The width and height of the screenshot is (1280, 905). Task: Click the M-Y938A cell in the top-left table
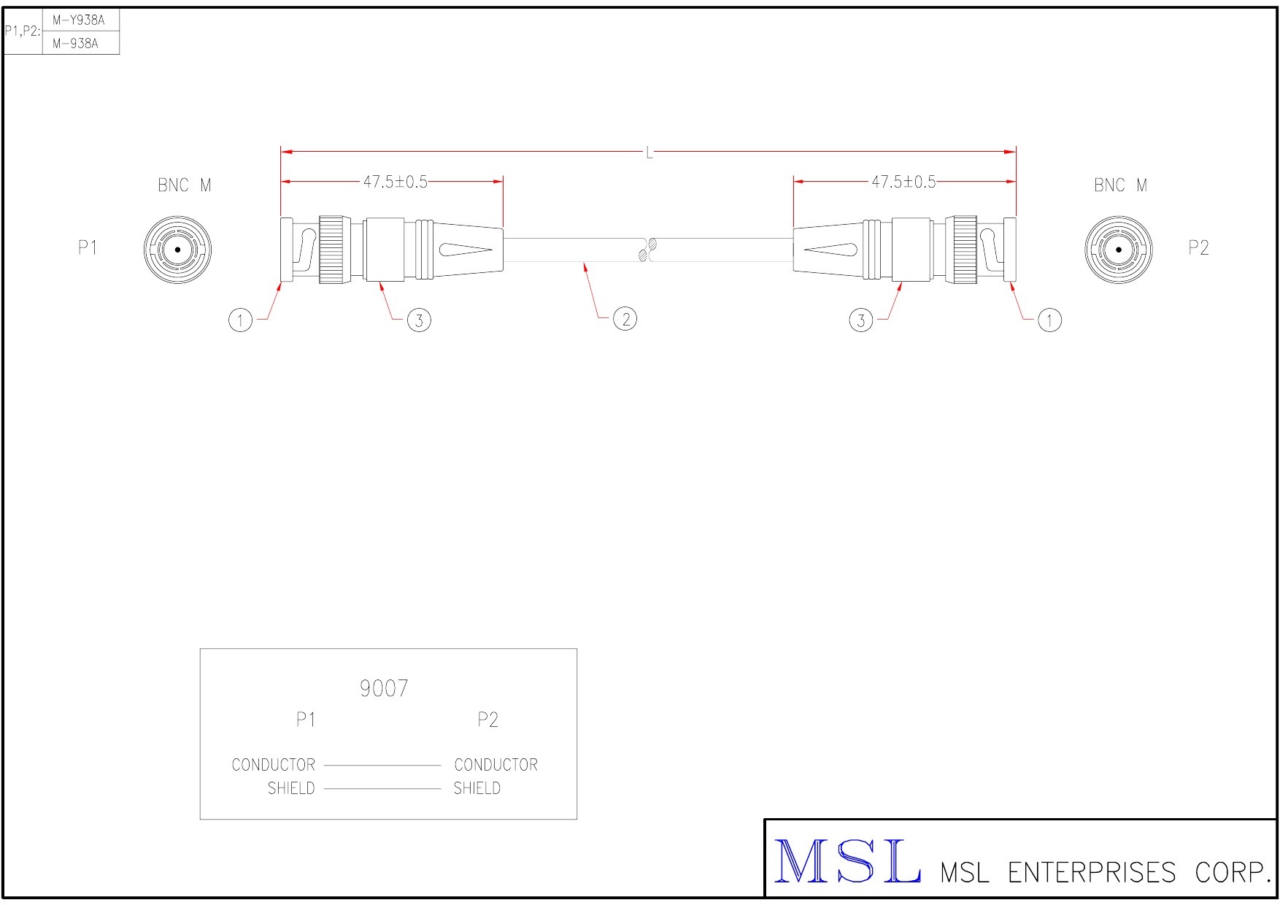79,20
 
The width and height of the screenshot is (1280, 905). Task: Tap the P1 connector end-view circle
177,250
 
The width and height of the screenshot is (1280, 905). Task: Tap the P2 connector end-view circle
1119,250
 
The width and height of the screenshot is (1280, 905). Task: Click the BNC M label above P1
185,185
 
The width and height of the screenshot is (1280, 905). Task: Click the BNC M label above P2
1120,185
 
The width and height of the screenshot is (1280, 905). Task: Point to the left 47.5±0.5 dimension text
396,182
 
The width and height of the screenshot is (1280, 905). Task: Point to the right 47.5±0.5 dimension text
903,182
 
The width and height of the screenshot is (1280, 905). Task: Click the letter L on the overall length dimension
649,153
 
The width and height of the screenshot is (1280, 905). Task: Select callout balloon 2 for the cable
625,319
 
